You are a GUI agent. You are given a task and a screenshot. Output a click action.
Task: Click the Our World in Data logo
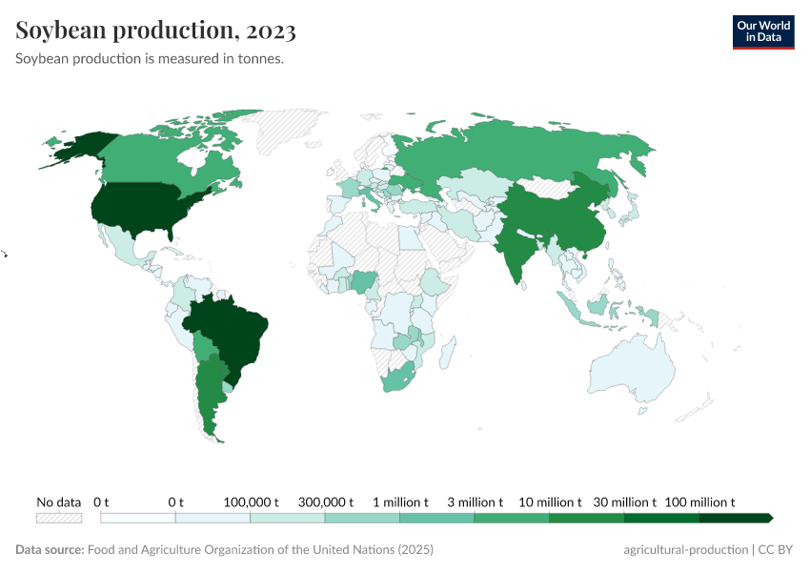click(762, 31)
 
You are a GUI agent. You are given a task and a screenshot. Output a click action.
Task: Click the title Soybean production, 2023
click(155, 31)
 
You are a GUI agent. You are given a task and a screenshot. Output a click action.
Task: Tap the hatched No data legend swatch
click(58, 518)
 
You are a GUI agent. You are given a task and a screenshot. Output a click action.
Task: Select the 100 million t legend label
click(699, 501)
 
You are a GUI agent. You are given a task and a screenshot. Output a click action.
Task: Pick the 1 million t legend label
click(400, 501)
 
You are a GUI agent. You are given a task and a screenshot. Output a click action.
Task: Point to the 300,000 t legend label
click(325, 501)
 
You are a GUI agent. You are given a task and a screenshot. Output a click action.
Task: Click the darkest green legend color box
click(734, 518)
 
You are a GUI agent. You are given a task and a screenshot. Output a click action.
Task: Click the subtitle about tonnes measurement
click(151, 58)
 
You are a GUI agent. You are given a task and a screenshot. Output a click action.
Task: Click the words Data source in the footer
click(49, 550)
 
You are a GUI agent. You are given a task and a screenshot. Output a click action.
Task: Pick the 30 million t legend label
click(625, 501)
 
